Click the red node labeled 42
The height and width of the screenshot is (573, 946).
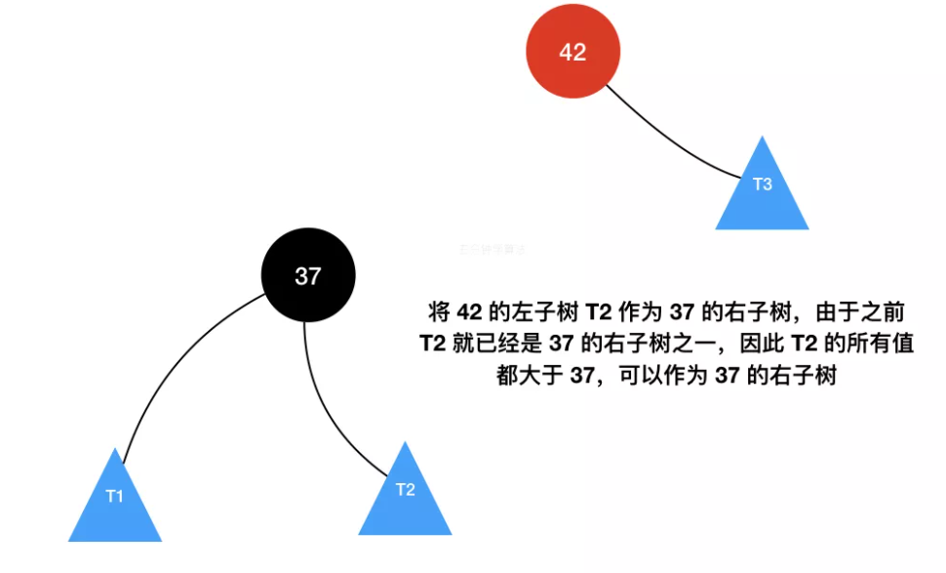[x=572, y=52]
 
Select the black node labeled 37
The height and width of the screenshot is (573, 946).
[x=307, y=276]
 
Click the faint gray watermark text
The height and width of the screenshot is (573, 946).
[x=493, y=249]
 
